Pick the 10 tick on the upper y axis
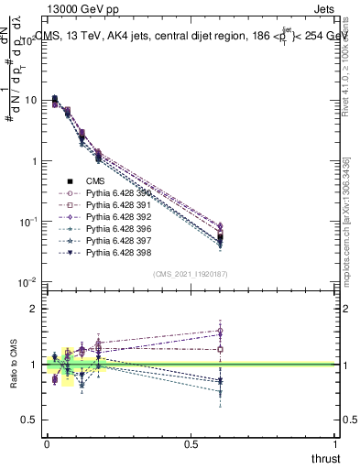(31, 100)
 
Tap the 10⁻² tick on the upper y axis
(29, 282)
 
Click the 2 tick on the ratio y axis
(35, 310)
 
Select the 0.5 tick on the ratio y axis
(31, 420)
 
